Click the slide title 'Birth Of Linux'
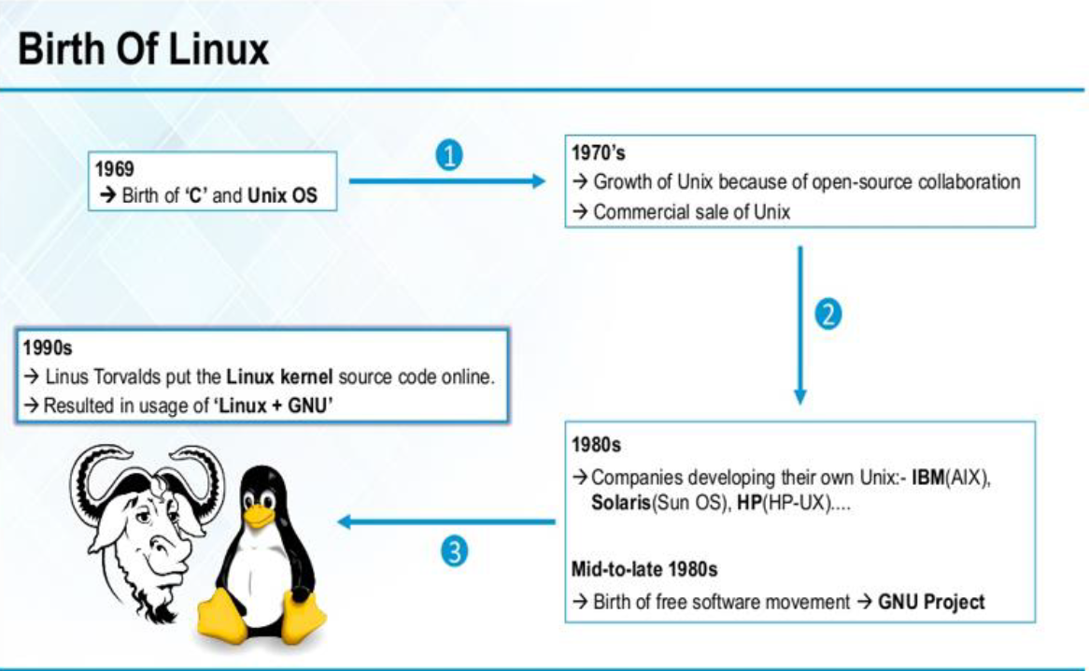click(x=143, y=48)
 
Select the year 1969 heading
click(x=115, y=169)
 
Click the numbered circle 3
click(x=452, y=552)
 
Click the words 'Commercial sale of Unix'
click(x=691, y=212)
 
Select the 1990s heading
click(x=46, y=349)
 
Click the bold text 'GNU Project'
click(x=931, y=602)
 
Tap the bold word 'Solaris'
click(x=620, y=502)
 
